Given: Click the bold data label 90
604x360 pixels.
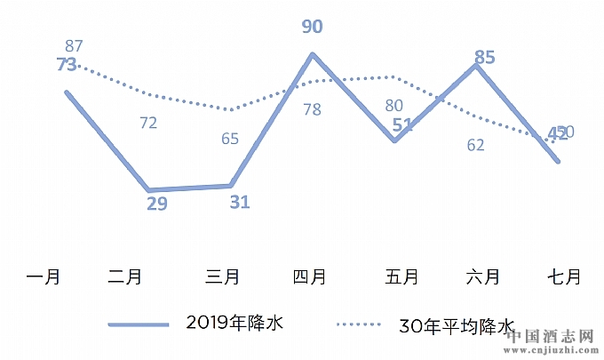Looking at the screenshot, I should [x=312, y=27].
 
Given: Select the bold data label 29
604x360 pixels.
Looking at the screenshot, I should [x=156, y=204].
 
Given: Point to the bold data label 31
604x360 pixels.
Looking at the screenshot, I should [x=239, y=202].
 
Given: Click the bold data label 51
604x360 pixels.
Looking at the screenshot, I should [x=402, y=124].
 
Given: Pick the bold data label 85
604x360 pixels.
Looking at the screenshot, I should [x=484, y=58].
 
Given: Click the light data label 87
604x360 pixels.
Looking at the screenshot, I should [x=75, y=45].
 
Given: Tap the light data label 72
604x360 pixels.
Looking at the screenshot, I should [x=148, y=123].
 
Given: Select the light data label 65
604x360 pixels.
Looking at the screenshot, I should [x=230, y=139].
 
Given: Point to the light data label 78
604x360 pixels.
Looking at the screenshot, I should [x=312, y=109].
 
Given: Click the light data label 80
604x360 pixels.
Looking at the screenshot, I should [x=394, y=106].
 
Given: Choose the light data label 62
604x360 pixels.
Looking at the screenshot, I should [x=476, y=145].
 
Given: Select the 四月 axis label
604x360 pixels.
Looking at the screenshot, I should [x=310, y=277].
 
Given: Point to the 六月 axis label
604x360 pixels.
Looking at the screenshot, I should [x=481, y=277].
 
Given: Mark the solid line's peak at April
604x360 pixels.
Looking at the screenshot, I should [x=313, y=54].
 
